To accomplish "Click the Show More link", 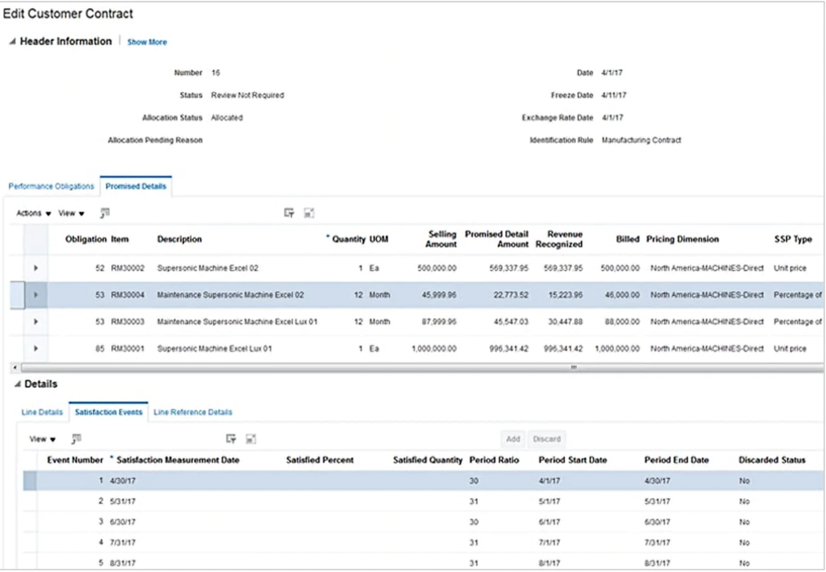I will coord(147,42).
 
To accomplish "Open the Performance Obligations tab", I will coord(51,186).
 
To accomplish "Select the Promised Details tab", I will coord(136,186).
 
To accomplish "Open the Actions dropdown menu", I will coord(34,213).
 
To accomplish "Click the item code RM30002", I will coord(127,268).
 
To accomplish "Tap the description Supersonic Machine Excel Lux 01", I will coord(214,349).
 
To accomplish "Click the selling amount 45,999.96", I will coord(439,295).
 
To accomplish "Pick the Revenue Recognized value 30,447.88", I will coord(565,322).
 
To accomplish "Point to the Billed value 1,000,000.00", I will coord(617,349).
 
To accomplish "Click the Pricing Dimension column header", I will coord(682,239).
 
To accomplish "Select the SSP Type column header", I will coord(793,239).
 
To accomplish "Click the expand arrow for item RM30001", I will coord(36,349).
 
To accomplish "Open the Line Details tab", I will coord(42,412).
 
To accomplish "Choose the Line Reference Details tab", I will coord(193,412).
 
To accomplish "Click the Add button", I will coord(513,439).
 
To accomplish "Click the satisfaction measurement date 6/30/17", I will coord(123,522).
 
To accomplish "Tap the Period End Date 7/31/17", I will coord(657,543).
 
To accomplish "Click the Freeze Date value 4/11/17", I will coord(614,95).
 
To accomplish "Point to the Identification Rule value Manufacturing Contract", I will coord(642,140).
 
